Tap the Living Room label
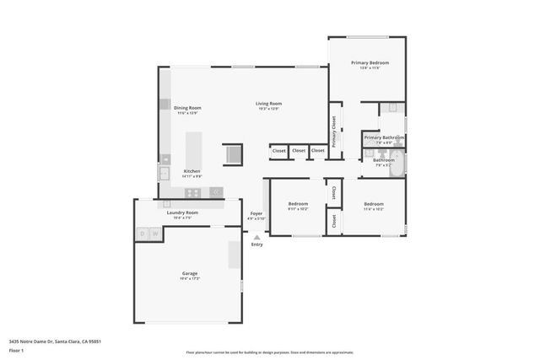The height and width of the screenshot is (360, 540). [268, 104]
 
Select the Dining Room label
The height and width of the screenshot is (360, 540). [187, 108]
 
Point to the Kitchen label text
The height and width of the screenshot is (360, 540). [192, 170]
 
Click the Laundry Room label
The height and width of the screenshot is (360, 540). [181, 212]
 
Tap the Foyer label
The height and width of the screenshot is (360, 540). [256, 213]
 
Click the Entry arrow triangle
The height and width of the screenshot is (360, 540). [256, 237]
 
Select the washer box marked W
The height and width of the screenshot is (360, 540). [155, 233]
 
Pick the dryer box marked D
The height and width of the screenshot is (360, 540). [142, 233]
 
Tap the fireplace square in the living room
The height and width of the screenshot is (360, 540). [232, 154]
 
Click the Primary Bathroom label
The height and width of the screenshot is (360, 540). [384, 137]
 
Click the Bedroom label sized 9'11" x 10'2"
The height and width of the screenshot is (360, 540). [299, 204]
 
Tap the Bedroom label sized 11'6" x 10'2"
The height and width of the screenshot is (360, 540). [374, 204]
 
